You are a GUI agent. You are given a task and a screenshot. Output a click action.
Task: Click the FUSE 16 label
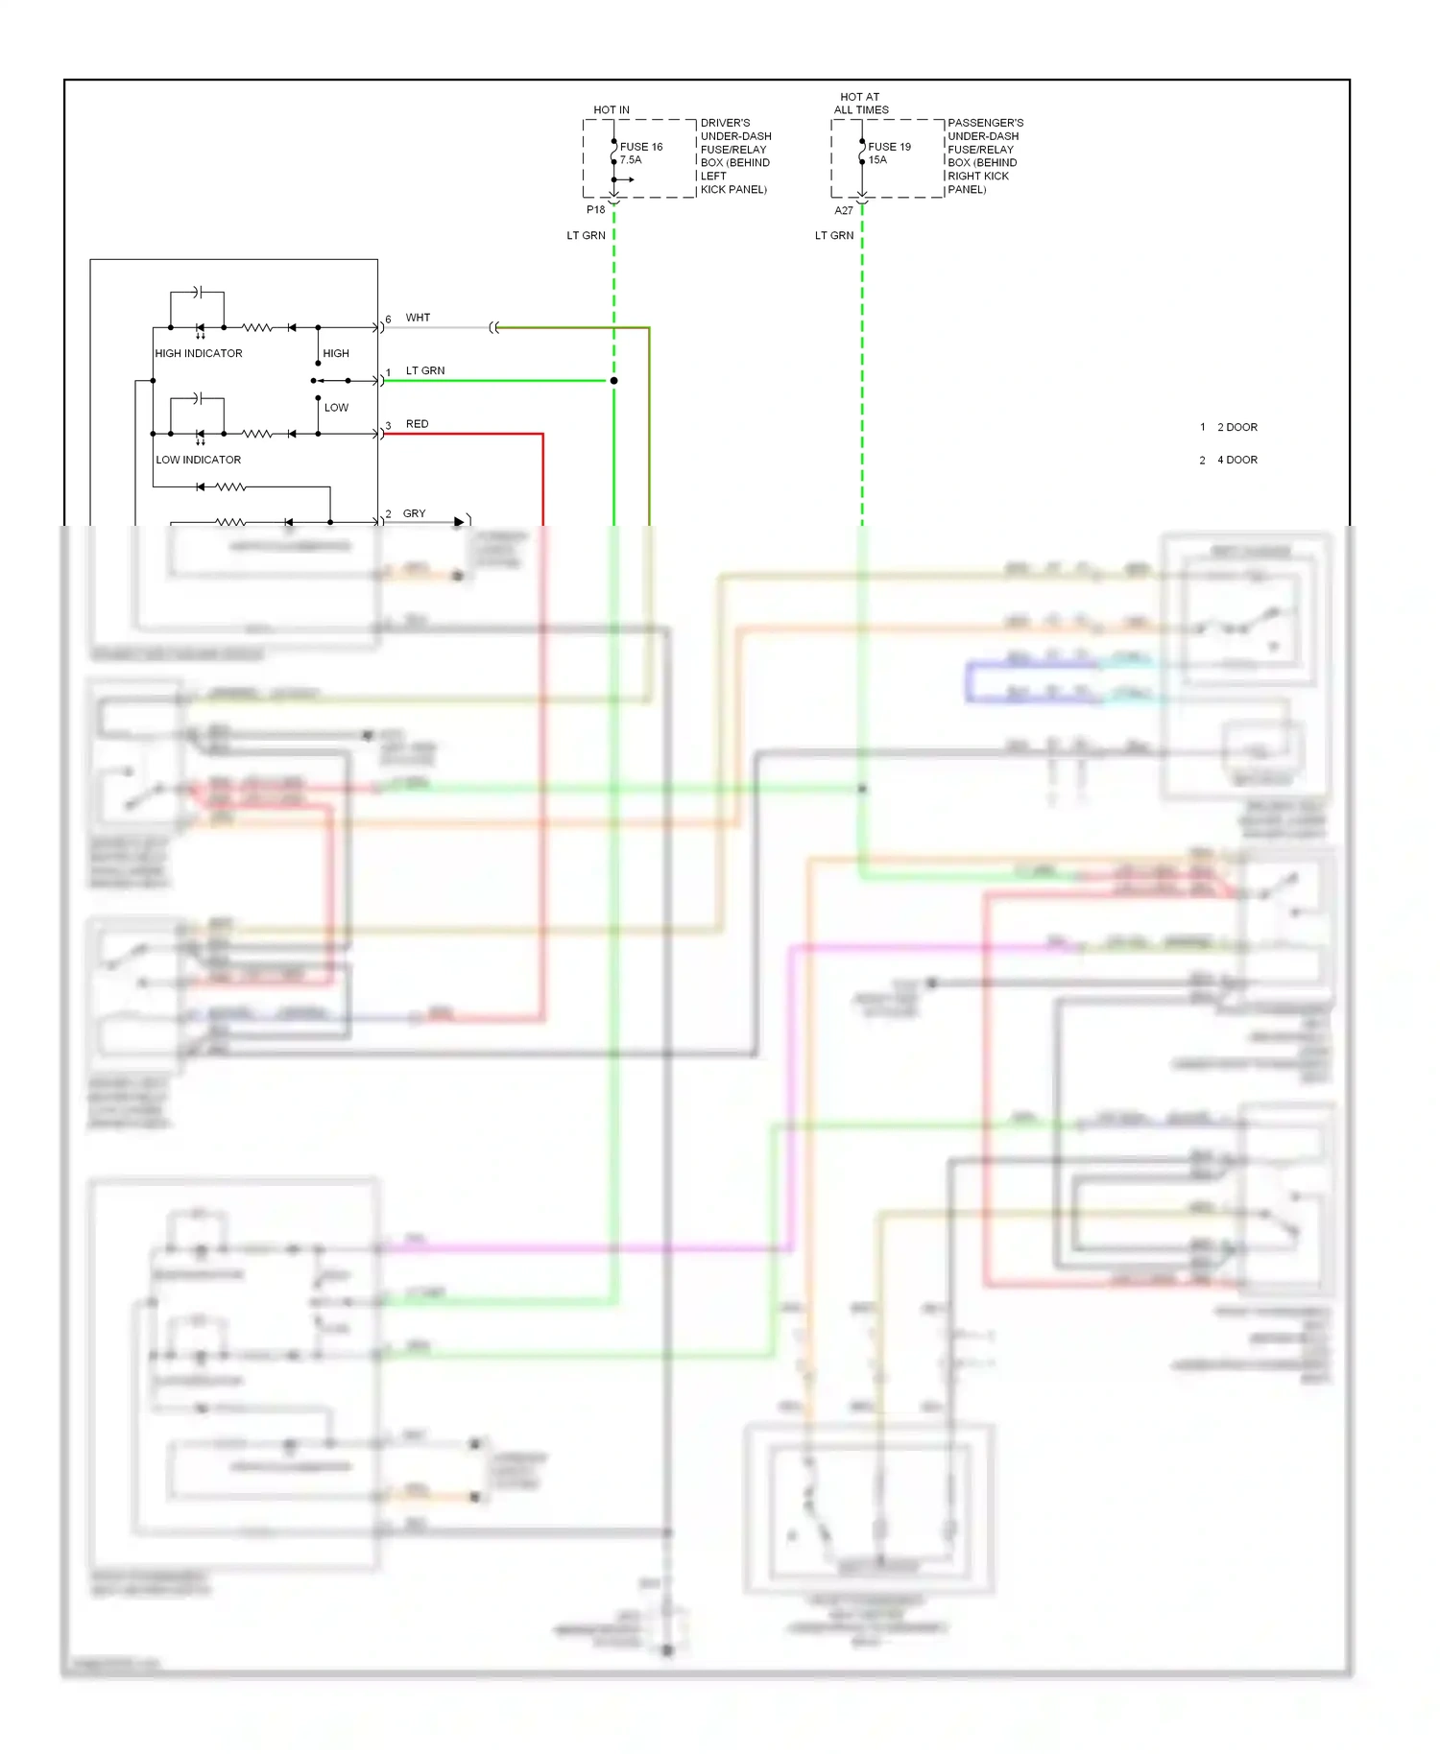click(641, 147)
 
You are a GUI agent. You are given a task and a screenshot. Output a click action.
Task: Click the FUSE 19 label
click(889, 147)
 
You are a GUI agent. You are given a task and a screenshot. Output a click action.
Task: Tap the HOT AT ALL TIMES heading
click(860, 104)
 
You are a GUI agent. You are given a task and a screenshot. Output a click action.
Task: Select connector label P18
click(596, 210)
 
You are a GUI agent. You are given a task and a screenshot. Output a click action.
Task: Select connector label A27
click(844, 210)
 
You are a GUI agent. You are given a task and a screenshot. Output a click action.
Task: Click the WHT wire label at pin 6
click(418, 318)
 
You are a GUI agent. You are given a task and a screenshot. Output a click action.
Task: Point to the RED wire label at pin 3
click(417, 424)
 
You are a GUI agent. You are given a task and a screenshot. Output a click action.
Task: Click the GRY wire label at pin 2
click(414, 514)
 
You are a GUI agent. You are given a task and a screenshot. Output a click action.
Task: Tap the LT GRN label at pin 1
click(425, 371)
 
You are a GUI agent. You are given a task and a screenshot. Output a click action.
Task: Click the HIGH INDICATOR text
click(199, 354)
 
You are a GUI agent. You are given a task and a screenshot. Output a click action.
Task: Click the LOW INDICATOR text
click(199, 461)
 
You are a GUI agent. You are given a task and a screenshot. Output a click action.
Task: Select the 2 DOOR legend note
click(1236, 428)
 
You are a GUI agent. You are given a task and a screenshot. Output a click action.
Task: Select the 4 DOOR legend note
click(1236, 461)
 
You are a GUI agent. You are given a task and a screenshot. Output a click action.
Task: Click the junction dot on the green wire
click(613, 381)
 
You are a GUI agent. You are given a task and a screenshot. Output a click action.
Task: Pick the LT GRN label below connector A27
click(833, 236)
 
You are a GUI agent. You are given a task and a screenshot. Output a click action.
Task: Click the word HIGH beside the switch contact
click(336, 354)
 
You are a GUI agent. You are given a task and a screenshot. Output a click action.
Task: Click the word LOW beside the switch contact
click(336, 408)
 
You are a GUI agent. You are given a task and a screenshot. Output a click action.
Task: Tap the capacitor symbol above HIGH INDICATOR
click(197, 292)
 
